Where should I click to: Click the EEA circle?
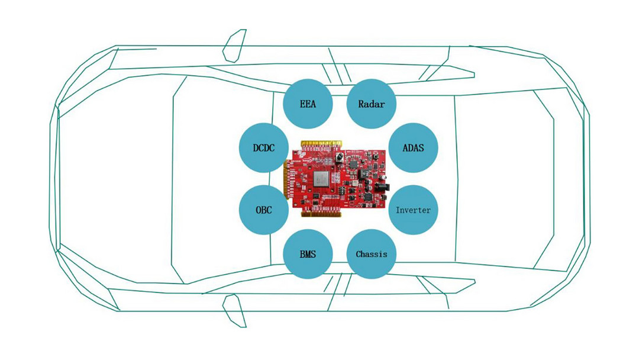coord(308,104)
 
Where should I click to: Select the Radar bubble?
coord(371,104)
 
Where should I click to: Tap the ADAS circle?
coord(413,147)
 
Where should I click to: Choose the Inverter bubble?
coord(413,210)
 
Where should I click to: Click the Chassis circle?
coord(371,254)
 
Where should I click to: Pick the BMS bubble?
coord(308,254)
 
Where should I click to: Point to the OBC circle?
coord(264,210)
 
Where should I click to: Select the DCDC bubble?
coord(264,147)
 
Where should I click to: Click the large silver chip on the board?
coord(321,179)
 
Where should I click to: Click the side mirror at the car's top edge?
coord(234,46)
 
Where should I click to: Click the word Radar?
coord(371,104)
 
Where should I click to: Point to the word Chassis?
coord(371,254)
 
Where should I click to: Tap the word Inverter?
coord(413,210)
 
